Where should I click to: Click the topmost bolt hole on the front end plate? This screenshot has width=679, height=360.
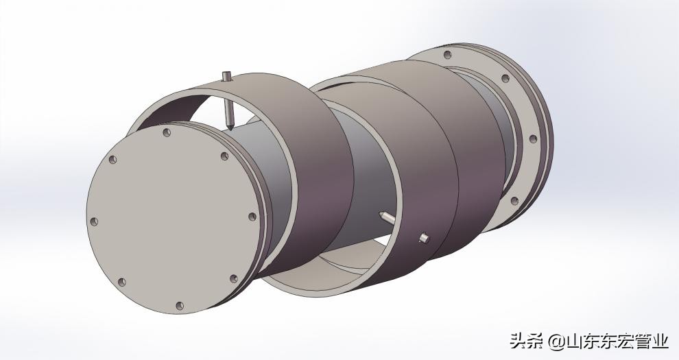pos(166,132)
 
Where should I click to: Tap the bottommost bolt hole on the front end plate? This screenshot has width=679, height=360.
pos(180,306)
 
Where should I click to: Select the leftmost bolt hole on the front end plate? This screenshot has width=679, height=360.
pos(93,221)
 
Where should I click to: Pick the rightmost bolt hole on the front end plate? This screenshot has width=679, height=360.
pos(252,217)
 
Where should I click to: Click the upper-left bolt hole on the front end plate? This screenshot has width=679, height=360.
pos(112,160)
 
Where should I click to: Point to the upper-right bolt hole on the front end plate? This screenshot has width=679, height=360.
pos(224,156)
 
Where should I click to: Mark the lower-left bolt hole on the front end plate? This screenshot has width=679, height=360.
pos(121,282)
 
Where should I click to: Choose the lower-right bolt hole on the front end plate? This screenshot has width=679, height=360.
pos(234,278)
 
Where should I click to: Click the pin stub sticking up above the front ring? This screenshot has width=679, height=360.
pos(226,77)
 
